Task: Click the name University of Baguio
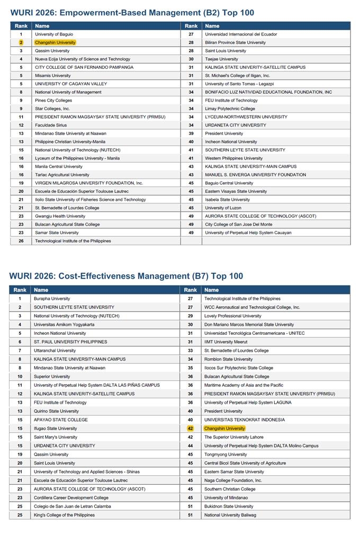[54, 34]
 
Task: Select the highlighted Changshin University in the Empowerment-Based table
[55, 42]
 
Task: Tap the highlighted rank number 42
[190, 429]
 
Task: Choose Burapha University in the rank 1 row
[52, 299]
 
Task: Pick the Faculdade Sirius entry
[51, 125]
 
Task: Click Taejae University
[221, 59]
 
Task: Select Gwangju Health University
[60, 216]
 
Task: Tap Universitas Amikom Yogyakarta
[64, 325]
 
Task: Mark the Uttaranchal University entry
[55, 351]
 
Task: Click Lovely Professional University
[233, 316]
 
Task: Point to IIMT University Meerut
[226, 342]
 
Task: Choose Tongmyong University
[226, 455]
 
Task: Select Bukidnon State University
[229, 506]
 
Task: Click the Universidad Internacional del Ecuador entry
[241, 34]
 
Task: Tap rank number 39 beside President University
[191, 133]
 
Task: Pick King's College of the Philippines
[64, 515]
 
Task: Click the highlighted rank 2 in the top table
[21, 42]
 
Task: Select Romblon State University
[228, 359]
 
